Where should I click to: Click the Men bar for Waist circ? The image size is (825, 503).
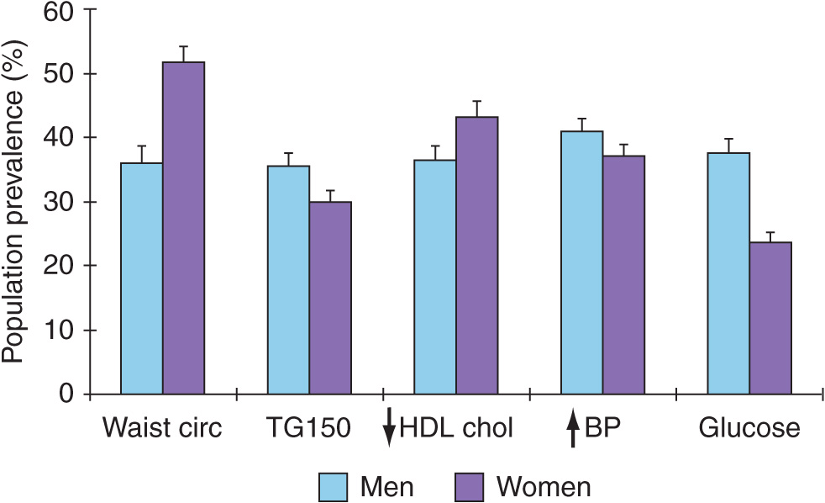(142, 278)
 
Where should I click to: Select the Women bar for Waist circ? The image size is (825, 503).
(184, 228)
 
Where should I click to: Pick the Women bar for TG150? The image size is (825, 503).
(330, 298)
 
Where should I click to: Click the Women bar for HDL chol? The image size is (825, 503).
(477, 256)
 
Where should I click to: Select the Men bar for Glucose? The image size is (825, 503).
(728, 273)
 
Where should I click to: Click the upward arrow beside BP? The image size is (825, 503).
(573, 430)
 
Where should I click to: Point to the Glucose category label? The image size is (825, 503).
(749, 428)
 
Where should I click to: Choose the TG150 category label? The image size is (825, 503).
(309, 428)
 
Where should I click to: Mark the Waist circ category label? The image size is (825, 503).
(162, 428)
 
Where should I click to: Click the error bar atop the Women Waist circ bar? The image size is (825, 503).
(184, 53)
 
